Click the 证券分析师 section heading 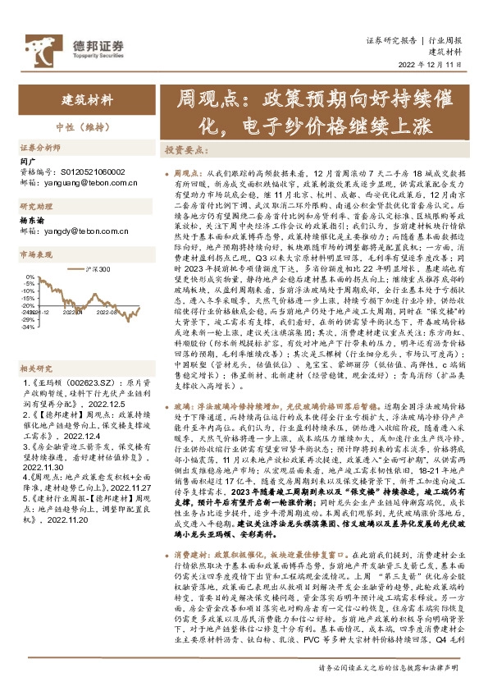tap(40, 148)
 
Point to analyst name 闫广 tap(28, 162)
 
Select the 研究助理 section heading tap(36, 206)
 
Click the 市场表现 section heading tap(36, 255)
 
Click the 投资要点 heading tap(185, 150)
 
